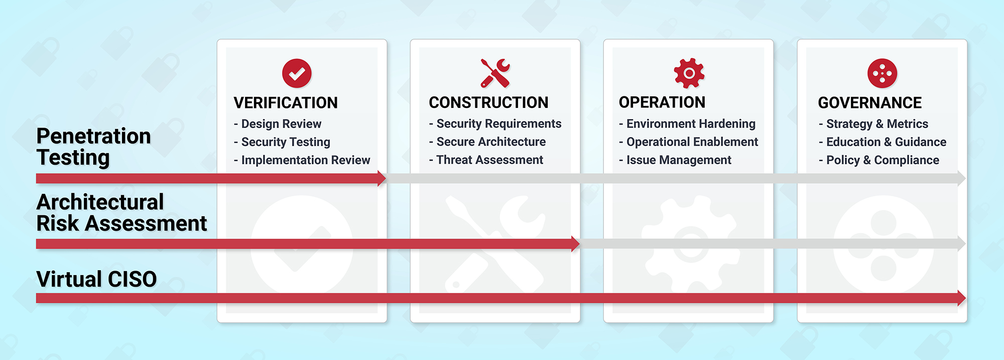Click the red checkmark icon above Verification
(x=297, y=73)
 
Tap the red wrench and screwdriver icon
(x=495, y=73)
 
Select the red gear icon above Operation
(x=689, y=73)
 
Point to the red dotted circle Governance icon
(x=882, y=73)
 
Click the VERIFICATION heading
(x=286, y=103)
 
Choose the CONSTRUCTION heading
(x=488, y=102)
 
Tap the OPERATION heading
(x=662, y=102)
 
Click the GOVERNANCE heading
(x=870, y=103)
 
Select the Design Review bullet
(x=278, y=124)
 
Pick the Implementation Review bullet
(x=302, y=160)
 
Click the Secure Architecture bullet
(x=487, y=142)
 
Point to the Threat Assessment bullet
(x=486, y=160)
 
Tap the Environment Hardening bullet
(x=687, y=124)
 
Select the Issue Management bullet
(x=675, y=160)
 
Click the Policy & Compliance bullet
(x=879, y=160)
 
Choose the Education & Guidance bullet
(x=883, y=142)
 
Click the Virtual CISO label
(x=97, y=279)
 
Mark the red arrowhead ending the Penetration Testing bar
(x=382, y=178)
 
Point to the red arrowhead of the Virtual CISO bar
(x=961, y=298)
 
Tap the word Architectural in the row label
(x=100, y=202)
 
